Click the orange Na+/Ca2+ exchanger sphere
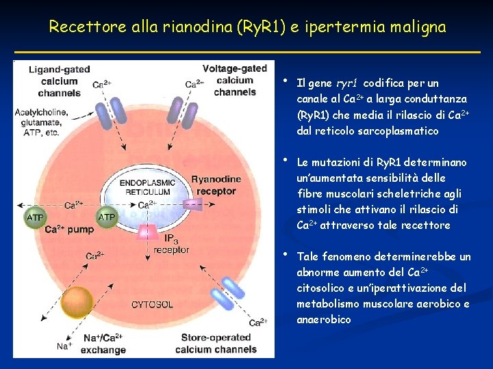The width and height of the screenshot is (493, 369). (x=77, y=303)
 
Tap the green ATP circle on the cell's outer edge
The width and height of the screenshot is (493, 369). (x=35, y=217)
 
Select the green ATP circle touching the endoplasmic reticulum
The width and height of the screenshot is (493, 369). (x=107, y=217)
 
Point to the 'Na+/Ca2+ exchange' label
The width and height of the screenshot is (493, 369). (x=103, y=344)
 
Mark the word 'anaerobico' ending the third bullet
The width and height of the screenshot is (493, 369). (x=324, y=319)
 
